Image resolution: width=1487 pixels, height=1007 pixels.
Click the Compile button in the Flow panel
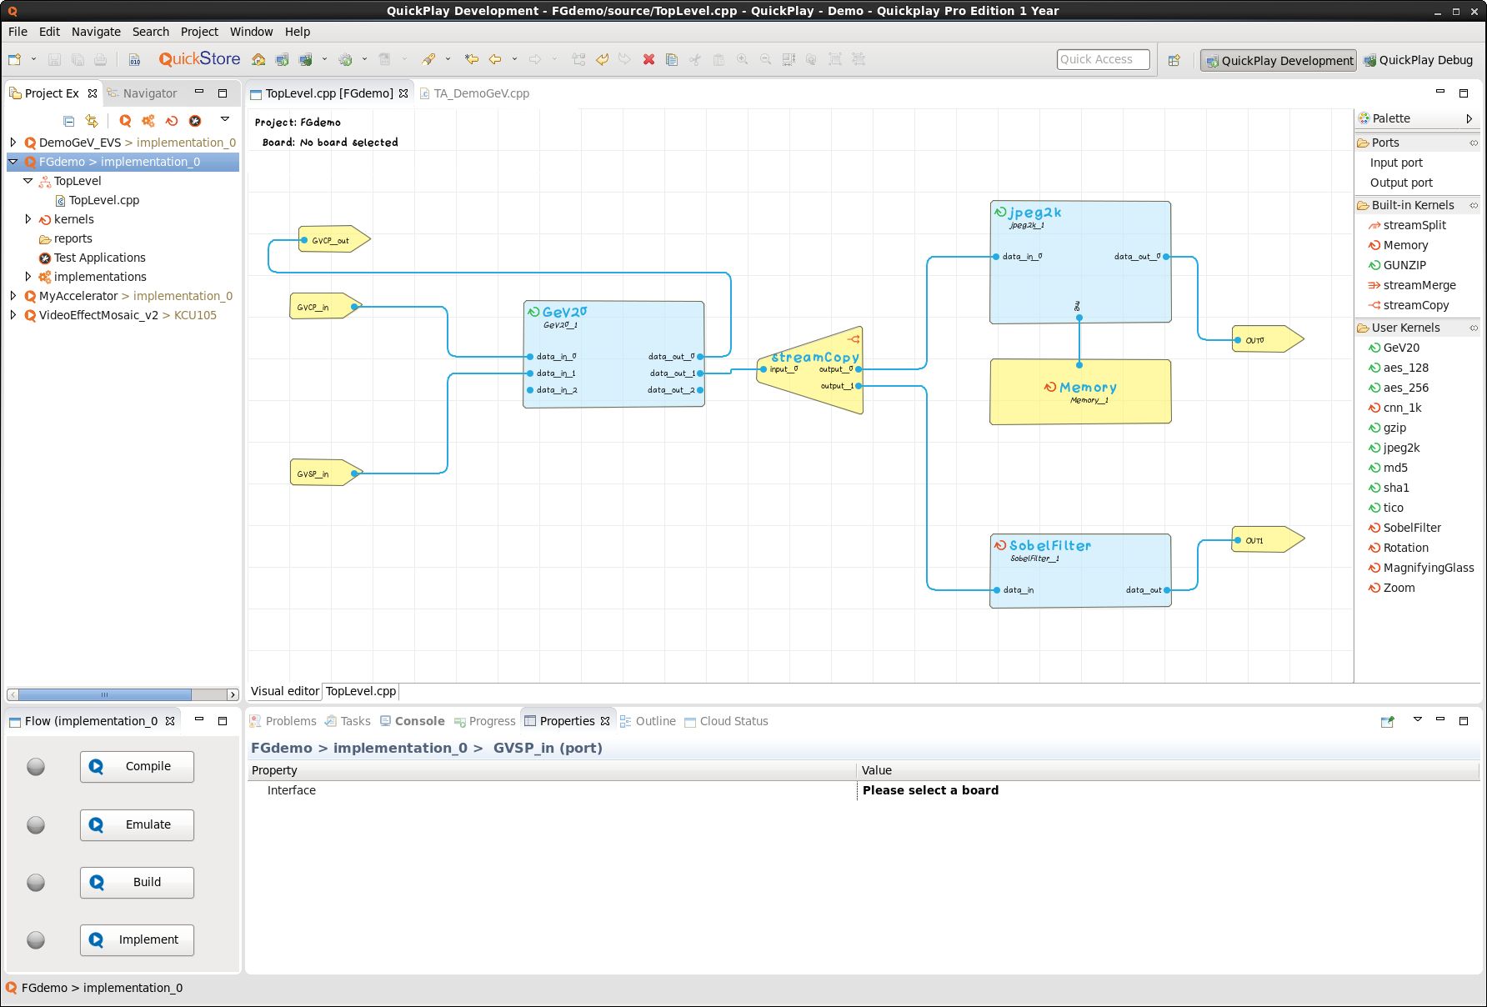(137, 766)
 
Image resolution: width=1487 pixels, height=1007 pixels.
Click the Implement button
(137, 939)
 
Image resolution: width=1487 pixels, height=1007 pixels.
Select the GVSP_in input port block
(322, 473)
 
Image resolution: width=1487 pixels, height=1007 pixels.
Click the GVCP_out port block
(331, 240)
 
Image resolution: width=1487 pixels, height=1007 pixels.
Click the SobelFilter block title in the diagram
(1049, 546)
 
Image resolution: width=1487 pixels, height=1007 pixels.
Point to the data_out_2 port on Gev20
(700, 390)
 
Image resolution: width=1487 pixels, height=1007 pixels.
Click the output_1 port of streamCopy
(858, 386)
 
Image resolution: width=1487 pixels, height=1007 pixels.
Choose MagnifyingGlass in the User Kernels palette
(1428, 568)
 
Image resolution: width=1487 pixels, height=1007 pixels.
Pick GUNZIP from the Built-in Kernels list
(1404, 265)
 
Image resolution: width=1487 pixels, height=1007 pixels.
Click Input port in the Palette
(1395, 163)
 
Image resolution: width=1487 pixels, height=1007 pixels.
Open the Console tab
(419, 721)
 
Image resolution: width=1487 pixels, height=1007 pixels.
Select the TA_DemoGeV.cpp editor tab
(480, 93)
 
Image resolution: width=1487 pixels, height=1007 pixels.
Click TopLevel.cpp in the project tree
(103, 200)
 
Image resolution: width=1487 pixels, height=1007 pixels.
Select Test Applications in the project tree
(99, 258)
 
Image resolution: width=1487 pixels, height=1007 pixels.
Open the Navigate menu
(96, 32)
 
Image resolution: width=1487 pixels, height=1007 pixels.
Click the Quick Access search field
(1102, 59)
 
